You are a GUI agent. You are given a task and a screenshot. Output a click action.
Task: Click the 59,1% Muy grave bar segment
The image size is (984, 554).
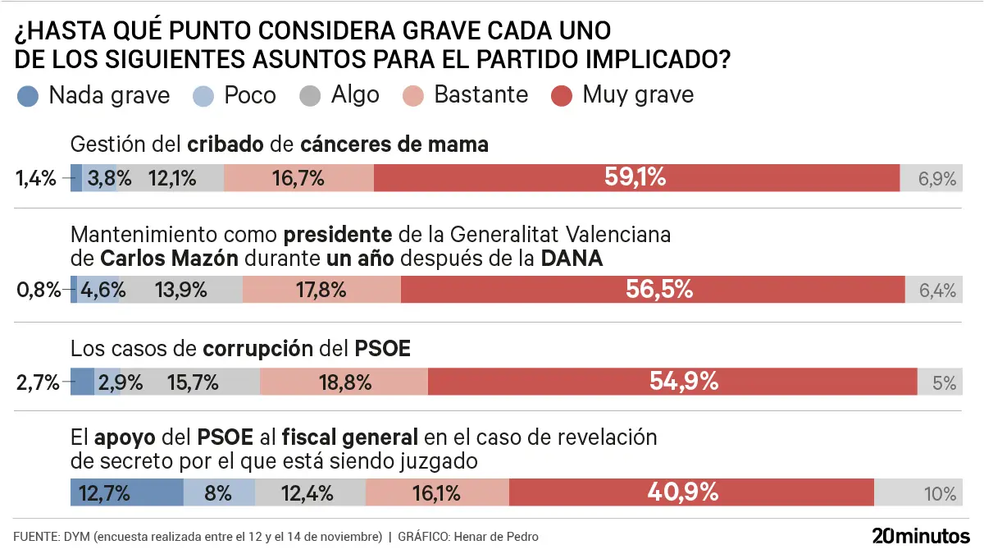pyautogui.click(x=636, y=177)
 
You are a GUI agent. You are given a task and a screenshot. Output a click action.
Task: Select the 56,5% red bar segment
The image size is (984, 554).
pyautogui.click(x=653, y=289)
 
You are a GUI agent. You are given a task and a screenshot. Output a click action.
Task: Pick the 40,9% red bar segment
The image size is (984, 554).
pyautogui.click(x=691, y=492)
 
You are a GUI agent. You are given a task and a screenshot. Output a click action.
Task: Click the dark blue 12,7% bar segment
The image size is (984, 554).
pyautogui.click(x=126, y=492)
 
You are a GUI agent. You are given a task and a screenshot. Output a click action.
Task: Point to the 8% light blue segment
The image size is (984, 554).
pyautogui.click(x=218, y=492)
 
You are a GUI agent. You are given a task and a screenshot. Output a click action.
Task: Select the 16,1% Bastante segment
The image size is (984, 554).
pyautogui.click(x=436, y=492)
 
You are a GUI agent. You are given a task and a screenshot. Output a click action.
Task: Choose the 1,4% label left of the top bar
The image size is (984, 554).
pyautogui.click(x=35, y=178)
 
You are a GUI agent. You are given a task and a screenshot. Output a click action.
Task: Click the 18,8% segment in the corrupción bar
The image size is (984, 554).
pyautogui.click(x=344, y=382)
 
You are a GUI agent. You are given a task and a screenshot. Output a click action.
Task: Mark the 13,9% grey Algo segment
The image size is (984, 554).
pyautogui.click(x=180, y=289)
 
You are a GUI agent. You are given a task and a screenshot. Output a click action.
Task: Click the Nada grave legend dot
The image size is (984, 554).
pyautogui.click(x=27, y=95)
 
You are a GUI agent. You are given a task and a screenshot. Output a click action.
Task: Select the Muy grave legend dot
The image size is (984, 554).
pyautogui.click(x=561, y=95)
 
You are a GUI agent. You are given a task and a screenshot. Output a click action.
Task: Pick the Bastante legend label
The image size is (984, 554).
pyautogui.click(x=481, y=94)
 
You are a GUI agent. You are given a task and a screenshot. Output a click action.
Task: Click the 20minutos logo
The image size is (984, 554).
pyautogui.click(x=920, y=536)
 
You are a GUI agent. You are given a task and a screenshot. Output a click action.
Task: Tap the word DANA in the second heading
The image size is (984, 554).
pyautogui.click(x=572, y=259)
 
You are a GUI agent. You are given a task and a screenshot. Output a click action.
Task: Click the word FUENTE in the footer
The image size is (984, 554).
pyautogui.click(x=34, y=537)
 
